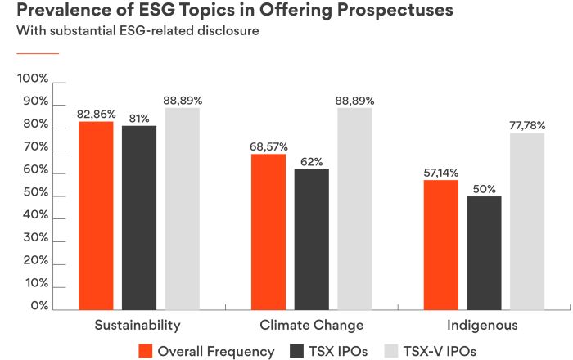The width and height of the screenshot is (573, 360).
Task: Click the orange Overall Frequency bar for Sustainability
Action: click(95, 216)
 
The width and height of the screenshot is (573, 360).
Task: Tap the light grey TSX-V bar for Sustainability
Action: click(182, 209)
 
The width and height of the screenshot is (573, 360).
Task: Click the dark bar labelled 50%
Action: click(484, 253)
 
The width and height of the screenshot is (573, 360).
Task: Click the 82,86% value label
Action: click(96, 115)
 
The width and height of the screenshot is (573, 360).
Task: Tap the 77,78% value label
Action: click(527, 126)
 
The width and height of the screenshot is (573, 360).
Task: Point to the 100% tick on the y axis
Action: click(34, 79)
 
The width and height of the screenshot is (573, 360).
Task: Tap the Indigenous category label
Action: click(483, 326)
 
